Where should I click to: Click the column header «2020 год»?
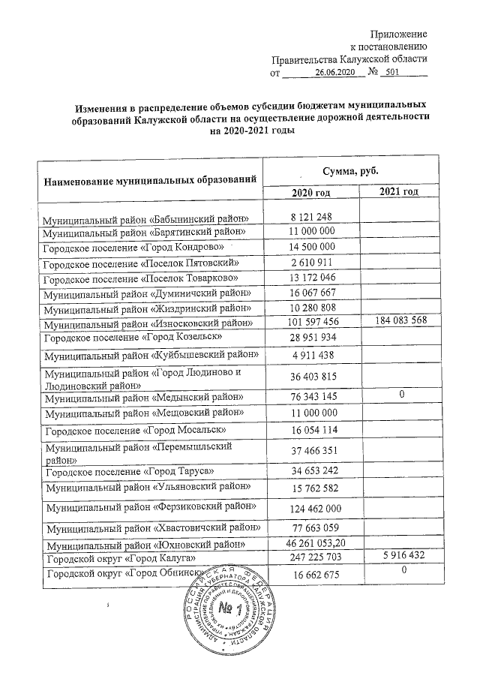tap(311, 194)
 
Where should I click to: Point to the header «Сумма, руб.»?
tap(350, 171)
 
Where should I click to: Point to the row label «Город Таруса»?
tap(123, 471)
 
